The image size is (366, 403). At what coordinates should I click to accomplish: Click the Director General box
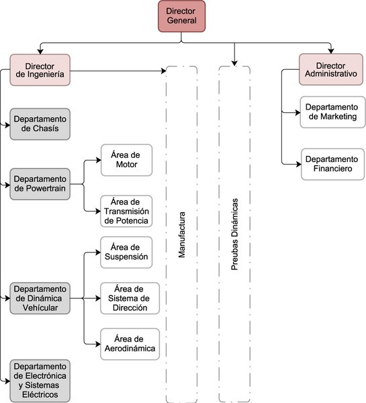click(181, 16)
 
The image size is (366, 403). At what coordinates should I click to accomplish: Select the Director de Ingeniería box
click(40, 71)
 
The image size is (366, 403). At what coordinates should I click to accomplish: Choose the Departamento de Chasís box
click(40, 123)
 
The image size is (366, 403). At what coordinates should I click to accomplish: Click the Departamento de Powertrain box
click(40, 184)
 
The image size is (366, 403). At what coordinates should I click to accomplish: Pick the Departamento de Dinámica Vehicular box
click(40, 298)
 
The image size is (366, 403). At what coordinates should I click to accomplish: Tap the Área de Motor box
click(127, 160)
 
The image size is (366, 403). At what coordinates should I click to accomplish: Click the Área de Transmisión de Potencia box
click(127, 212)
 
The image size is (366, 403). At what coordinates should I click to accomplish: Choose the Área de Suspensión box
click(130, 253)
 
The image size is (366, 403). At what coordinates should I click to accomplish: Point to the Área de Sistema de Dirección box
click(130, 298)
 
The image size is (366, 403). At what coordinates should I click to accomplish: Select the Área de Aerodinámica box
click(130, 343)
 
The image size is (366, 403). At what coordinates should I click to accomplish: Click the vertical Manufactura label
click(181, 235)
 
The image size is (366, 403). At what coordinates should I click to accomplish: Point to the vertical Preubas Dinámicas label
click(234, 235)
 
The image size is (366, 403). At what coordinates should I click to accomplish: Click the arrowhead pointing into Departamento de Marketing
click(298, 112)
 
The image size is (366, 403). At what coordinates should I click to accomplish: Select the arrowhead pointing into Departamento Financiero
click(298, 164)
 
